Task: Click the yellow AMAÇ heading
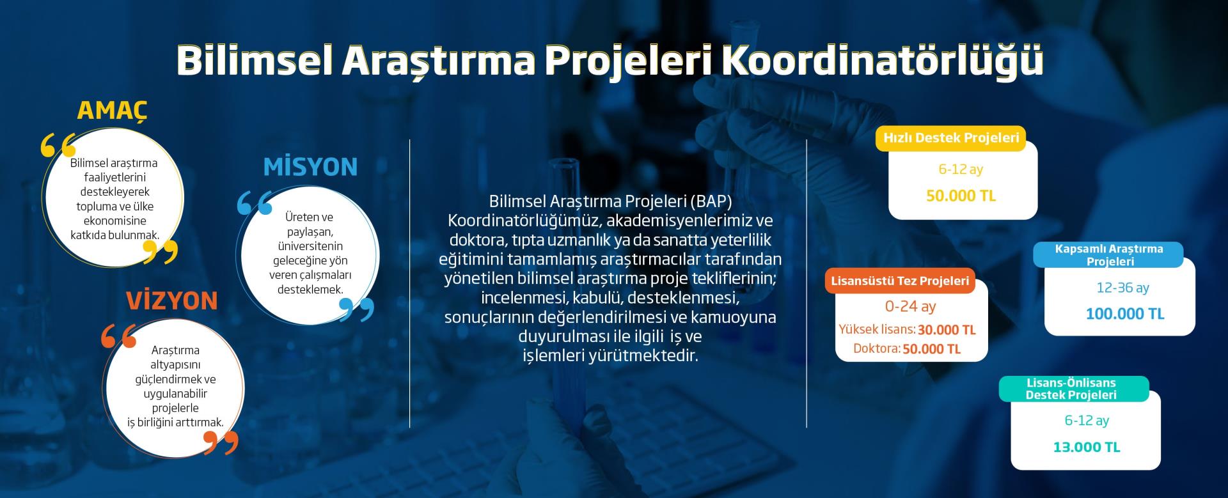(x=112, y=110)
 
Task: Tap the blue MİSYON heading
(x=310, y=167)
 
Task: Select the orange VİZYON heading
(x=171, y=300)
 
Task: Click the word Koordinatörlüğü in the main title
(x=883, y=61)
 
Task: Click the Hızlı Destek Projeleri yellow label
(x=951, y=138)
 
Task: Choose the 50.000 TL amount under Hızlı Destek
(x=961, y=196)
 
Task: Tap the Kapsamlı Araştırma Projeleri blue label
(x=1109, y=254)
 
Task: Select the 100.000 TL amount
(x=1125, y=314)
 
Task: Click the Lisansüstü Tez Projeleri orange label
(x=900, y=281)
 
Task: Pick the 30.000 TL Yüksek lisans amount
(x=947, y=330)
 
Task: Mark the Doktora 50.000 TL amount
(x=932, y=349)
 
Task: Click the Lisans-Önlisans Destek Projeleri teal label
(x=1071, y=389)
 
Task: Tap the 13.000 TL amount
(x=1087, y=447)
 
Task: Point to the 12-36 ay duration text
(x=1122, y=288)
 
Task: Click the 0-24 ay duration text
(x=910, y=307)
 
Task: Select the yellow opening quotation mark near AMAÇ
(x=58, y=146)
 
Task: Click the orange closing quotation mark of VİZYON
(x=221, y=442)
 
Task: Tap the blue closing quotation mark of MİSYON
(x=356, y=309)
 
